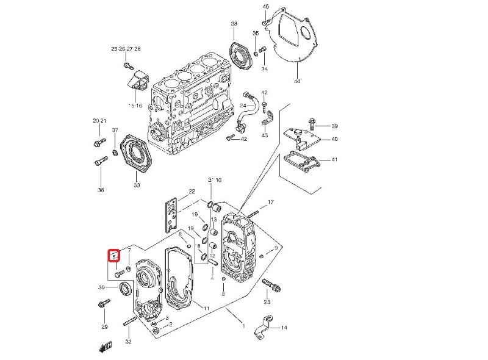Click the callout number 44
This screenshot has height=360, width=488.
pyautogui.click(x=296, y=81)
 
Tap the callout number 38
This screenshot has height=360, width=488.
pyautogui.click(x=234, y=24)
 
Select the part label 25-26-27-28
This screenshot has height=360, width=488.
pyautogui.click(x=126, y=49)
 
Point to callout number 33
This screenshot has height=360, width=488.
pyautogui.click(x=137, y=185)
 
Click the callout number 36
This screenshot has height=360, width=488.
pyautogui.click(x=101, y=190)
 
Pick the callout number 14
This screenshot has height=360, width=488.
pyautogui.click(x=284, y=328)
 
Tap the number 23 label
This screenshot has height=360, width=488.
pyautogui.click(x=267, y=302)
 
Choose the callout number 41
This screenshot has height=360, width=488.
pyautogui.click(x=334, y=160)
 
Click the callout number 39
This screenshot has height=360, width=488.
pyautogui.click(x=334, y=126)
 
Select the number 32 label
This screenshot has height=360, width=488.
pyautogui.click(x=128, y=342)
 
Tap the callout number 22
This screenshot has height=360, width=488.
pyautogui.click(x=191, y=192)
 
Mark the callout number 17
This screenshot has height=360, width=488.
pyautogui.click(x=271, y=202)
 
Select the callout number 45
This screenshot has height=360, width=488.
pyautogui.click(x=265, y=6)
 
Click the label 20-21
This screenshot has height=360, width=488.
pyautogui.click(x=99, y=121)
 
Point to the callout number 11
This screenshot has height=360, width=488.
pyautogui.click(x=206, y=309)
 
